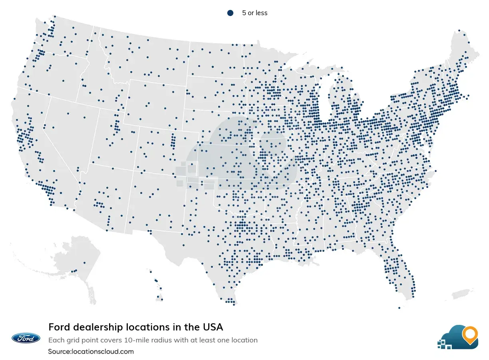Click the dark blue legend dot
point(230,13)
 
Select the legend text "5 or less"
point(254,13)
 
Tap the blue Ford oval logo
point(26,338)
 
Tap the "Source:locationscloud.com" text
point(91,352)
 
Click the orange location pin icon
point(469,334)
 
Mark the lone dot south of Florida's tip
point(399,308)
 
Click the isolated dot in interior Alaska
point(84,263)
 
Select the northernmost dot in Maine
point(459,30)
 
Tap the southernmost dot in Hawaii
point(162,299)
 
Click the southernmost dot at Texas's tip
point(234,305)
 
